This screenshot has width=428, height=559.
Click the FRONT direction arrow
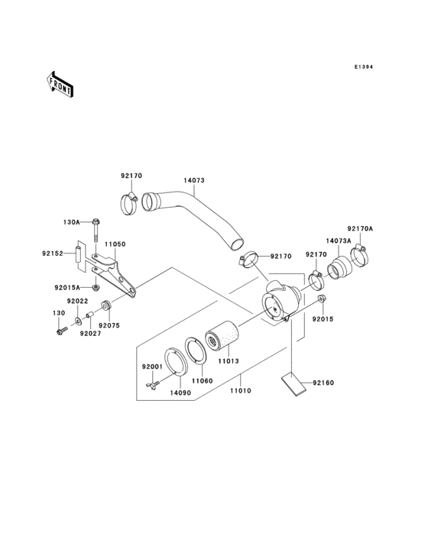(60, 83)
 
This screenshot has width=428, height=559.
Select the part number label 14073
(193, 181)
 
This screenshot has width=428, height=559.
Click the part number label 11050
(115, 244)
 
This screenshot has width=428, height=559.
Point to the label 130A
(71, 222)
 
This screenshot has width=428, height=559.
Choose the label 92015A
(67, 288)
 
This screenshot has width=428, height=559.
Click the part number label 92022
(76, 302)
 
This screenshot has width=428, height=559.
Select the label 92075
(109, 324)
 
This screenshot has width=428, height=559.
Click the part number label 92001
(151, 366)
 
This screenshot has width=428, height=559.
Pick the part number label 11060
(202, 380)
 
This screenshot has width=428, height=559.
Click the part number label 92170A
(360, 228)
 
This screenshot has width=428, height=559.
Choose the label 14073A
(339, 241)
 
